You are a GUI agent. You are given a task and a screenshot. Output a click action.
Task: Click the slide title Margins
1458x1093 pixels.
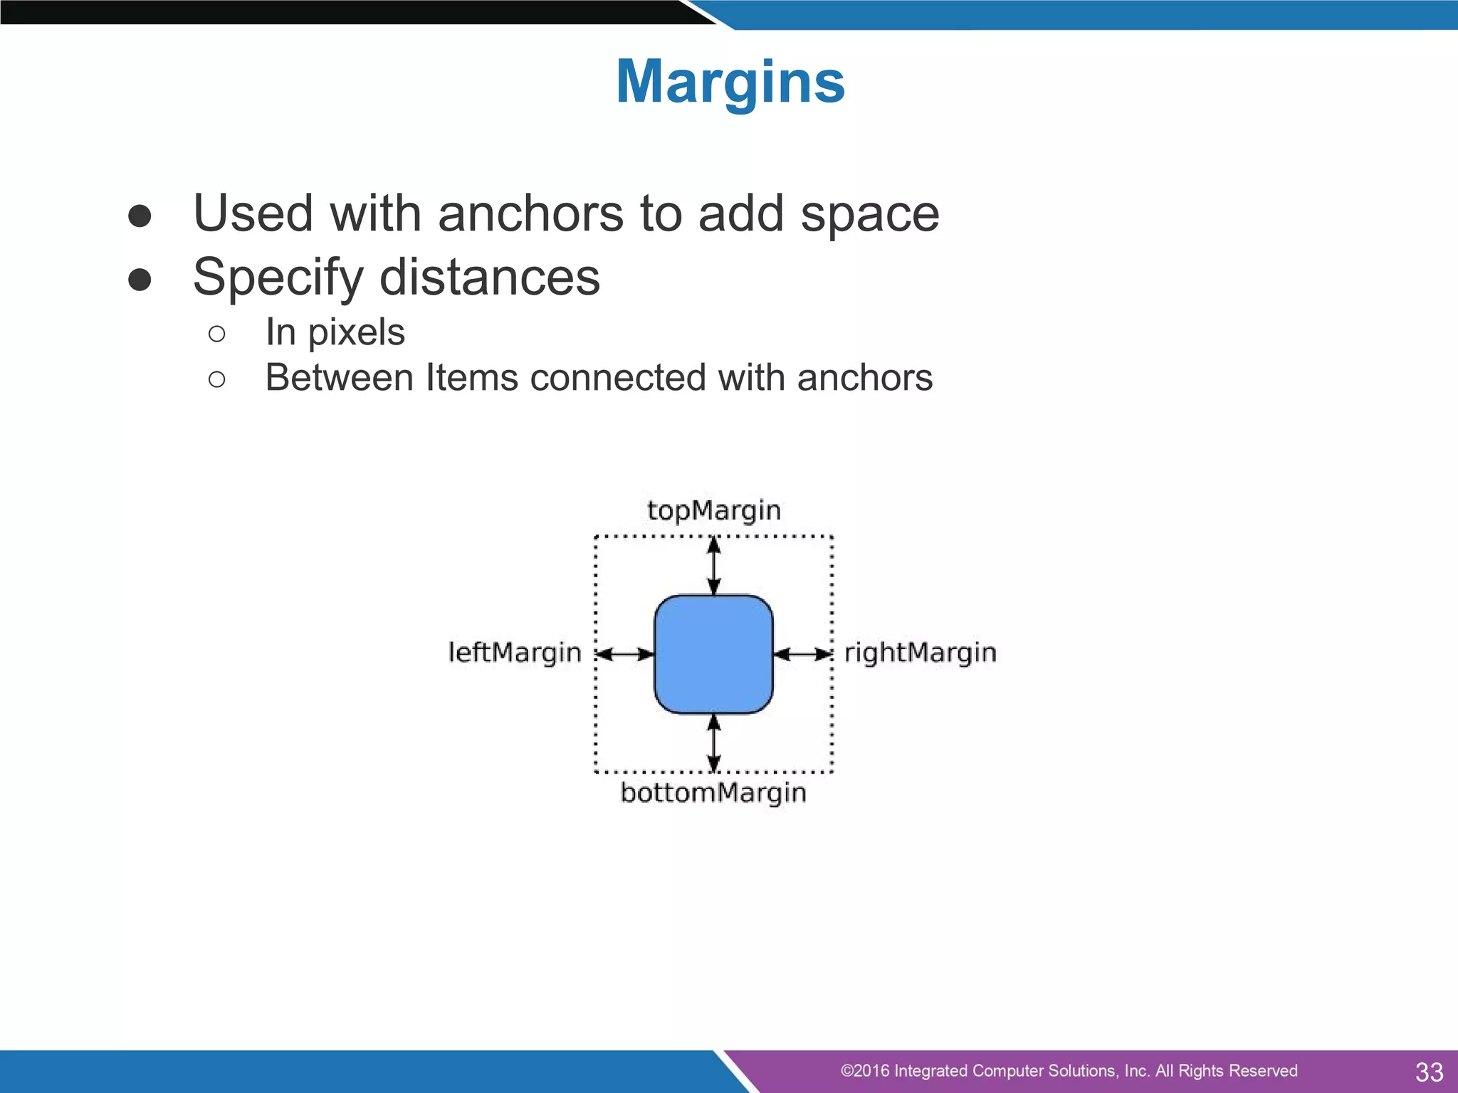730,82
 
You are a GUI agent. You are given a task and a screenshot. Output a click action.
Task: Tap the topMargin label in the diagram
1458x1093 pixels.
714,511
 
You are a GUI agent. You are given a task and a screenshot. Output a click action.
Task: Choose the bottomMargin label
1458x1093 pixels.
713,793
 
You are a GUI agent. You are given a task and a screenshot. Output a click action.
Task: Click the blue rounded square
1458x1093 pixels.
713,654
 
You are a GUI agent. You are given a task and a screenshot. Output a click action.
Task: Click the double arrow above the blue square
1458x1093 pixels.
714,566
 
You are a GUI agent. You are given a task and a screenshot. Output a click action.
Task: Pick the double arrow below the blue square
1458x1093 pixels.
714,743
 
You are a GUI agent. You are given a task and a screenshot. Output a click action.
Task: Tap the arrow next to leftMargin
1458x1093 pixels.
625,654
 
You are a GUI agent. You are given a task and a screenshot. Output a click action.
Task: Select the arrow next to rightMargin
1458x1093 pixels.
802,654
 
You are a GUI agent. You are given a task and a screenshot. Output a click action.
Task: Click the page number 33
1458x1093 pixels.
1429,1072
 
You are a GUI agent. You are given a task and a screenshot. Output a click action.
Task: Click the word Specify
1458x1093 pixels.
278,278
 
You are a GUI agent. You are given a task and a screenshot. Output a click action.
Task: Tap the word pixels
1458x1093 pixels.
356,333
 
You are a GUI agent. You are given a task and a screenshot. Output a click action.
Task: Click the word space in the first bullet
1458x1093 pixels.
869,215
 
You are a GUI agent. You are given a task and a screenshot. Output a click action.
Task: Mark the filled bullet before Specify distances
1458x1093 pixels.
140,280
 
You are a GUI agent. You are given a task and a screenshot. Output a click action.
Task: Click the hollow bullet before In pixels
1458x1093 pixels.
217,334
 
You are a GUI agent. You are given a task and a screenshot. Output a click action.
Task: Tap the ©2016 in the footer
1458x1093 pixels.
864,1071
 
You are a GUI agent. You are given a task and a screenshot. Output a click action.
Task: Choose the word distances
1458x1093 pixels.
490,278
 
